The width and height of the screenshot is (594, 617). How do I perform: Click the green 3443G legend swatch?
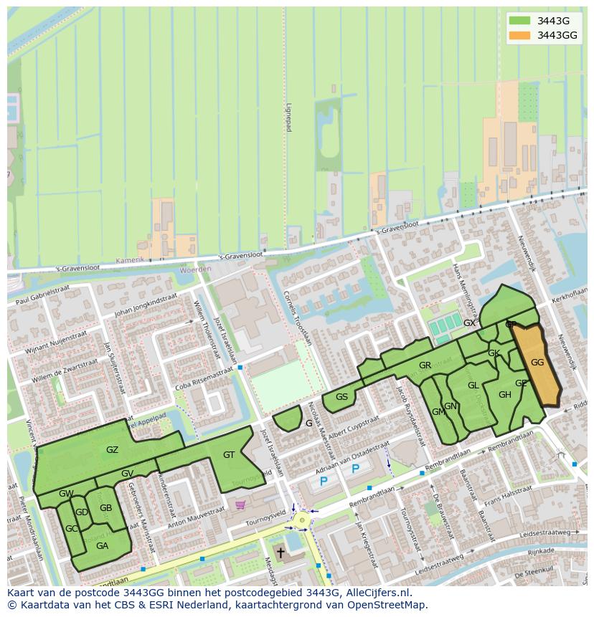click(520, 20)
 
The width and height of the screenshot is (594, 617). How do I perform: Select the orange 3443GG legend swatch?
click(520, 35)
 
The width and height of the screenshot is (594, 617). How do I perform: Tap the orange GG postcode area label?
click(537, 363)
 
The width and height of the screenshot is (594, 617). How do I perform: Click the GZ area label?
click(112, 450)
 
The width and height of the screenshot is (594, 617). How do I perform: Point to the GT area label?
click(229, 455)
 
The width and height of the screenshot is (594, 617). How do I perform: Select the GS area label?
click(341, 397)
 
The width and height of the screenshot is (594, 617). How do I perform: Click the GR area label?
click(425, 365)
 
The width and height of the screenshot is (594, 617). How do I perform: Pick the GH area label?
click(505, 395)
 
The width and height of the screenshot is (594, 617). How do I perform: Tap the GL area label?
click(473, 386)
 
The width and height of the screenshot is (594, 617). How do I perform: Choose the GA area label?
click(102, 545)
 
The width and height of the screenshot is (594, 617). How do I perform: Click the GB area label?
click(105, 508)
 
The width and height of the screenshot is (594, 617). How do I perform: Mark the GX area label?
click(469, 323)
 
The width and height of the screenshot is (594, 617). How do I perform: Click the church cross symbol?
click(280, 553)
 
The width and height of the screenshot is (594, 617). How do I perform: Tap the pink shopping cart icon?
click(240, 504)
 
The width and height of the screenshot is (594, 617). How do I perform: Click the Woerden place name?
click(196, 269)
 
